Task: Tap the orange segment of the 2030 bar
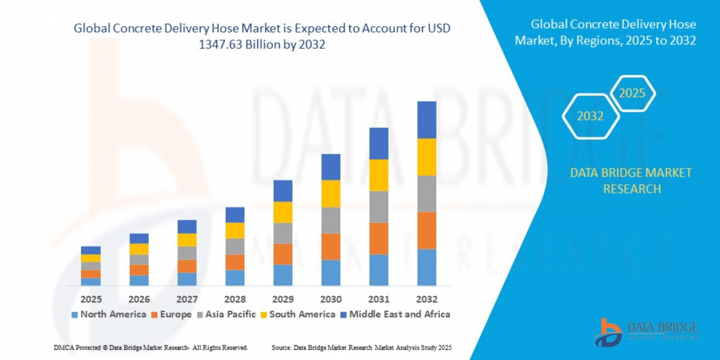331,246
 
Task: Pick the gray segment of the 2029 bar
283,233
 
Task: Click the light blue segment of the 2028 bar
235,277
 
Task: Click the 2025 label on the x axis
91,299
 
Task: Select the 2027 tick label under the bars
187,299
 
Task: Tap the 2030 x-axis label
331,299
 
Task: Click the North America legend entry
109,314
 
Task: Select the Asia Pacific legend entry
226,314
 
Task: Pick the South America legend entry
298,314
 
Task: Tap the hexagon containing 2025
632,94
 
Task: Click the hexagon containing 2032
590,116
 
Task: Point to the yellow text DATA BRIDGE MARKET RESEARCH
631,181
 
